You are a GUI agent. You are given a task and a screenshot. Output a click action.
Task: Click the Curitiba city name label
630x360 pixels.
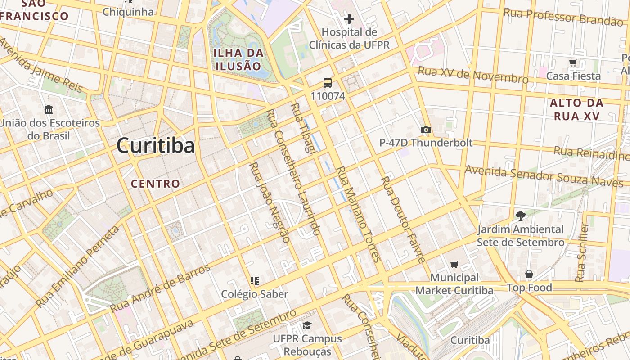pos(156,146)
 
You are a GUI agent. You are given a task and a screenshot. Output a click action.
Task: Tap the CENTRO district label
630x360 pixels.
pos(155,184)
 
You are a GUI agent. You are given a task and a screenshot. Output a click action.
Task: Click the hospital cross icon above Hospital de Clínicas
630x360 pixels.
pos(349,19)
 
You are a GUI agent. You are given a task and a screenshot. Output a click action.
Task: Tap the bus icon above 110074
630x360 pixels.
pos(328,83)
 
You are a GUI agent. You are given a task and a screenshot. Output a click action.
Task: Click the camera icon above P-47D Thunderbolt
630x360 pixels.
pos(426,130)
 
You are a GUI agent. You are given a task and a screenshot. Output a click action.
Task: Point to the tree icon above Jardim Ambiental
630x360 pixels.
pos(521,216)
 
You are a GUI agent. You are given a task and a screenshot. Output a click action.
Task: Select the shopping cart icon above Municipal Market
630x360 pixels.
pos(454,264)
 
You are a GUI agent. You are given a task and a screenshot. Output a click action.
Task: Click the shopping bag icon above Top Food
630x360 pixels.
pos(529,274)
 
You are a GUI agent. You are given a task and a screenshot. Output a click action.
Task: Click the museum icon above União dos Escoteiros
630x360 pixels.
pos(49,109)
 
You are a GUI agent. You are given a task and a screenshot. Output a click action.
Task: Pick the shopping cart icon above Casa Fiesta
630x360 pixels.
pos(573,63)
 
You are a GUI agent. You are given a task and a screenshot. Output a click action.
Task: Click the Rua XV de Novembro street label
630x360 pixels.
pos(473,75)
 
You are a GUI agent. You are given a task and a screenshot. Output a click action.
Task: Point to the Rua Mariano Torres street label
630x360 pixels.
pos(359,214)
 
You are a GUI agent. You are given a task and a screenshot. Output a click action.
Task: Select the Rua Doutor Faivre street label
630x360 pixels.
pos(403,219)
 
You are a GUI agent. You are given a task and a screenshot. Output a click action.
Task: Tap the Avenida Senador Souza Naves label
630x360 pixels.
pos(544,176)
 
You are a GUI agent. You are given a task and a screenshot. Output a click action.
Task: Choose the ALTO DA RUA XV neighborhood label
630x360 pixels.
pos(576,109)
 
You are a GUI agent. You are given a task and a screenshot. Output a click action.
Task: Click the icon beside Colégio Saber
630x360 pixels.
pos(255,281)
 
